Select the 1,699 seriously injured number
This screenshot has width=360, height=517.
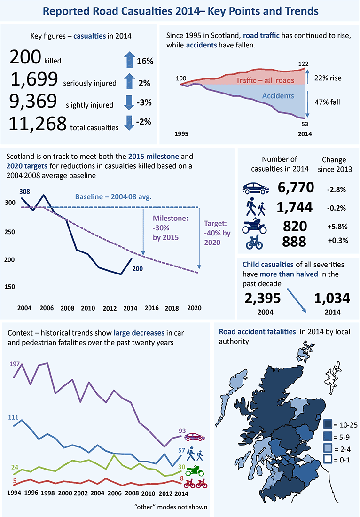33,80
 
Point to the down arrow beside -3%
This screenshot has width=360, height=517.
129,102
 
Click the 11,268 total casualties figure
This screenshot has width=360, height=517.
38,123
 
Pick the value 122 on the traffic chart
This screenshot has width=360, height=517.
302,63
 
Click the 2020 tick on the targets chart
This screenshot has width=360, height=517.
194,308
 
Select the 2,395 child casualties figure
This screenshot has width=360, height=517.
263,298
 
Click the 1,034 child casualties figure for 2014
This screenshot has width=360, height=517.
332,298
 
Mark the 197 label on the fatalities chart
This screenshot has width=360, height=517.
16,364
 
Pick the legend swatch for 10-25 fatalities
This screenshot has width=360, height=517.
328,424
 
